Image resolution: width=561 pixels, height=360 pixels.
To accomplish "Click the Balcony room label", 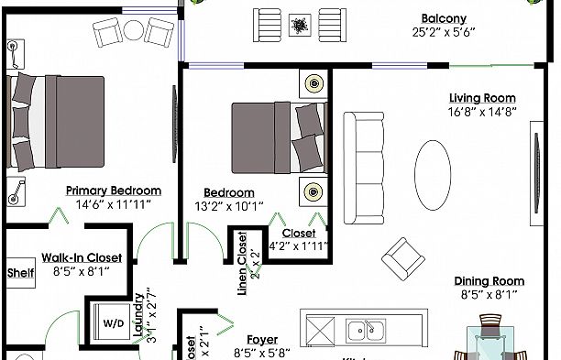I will (444, 18).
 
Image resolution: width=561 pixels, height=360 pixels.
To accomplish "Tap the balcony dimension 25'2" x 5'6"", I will (444, 32).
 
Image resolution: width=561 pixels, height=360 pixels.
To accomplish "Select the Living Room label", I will (481, 98).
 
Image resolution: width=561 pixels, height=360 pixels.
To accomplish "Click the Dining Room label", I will (488, 281).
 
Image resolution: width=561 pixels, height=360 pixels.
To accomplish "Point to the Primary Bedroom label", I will (113, 191).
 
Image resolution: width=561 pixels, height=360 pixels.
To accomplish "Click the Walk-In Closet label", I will (82, 258).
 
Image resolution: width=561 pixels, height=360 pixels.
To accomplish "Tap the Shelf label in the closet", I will (20, 273).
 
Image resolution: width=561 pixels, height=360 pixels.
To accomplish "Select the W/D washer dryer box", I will (114, 323).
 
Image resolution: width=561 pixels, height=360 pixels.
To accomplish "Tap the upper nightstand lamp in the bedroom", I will (314, 83).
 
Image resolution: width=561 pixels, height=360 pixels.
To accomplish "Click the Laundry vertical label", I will (139, 316).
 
